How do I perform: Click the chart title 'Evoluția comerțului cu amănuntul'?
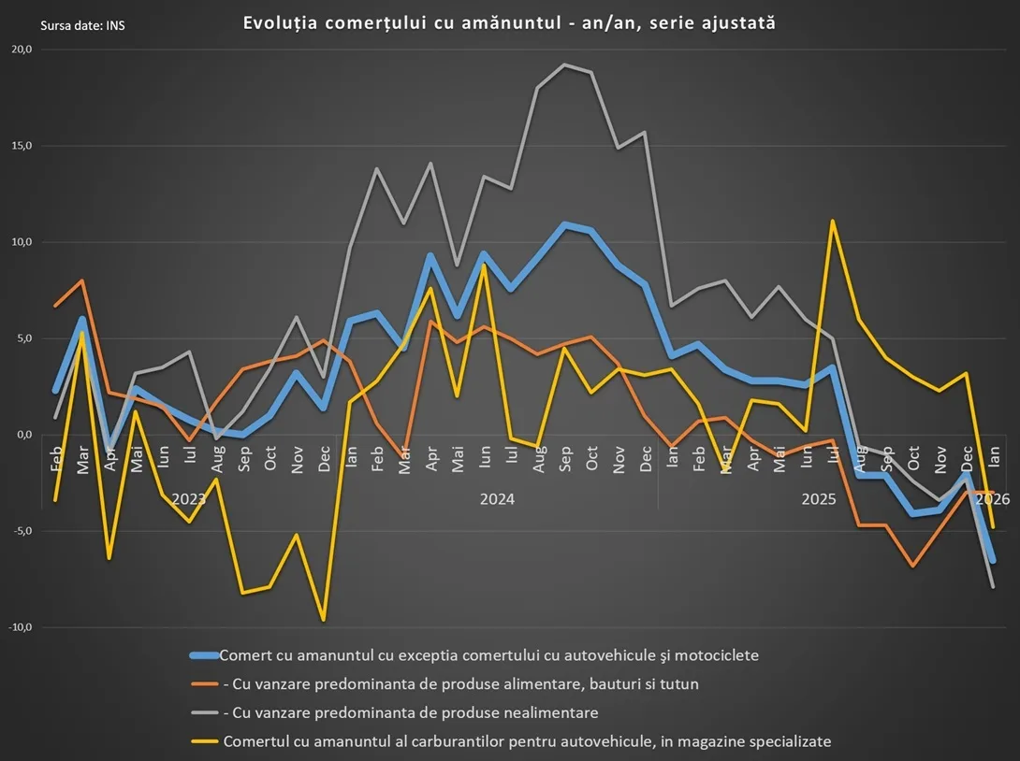coord(509,22)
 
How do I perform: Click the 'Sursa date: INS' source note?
coord(82,25)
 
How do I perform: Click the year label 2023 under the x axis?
coord(189,499)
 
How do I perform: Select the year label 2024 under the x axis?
coord(497,499)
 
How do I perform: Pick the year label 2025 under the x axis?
coord(819,499)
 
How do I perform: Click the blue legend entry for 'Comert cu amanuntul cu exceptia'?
coord(488,655)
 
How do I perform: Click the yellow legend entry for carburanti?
coord(526,741)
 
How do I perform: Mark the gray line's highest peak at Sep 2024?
coord(565,65)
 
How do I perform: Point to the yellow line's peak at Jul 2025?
coord(832,222)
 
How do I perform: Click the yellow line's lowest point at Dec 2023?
coord(324,620)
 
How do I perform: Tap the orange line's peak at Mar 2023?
coord(82,280)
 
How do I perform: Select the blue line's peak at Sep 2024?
coord(565,224)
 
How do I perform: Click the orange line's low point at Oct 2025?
coord(912,566)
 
